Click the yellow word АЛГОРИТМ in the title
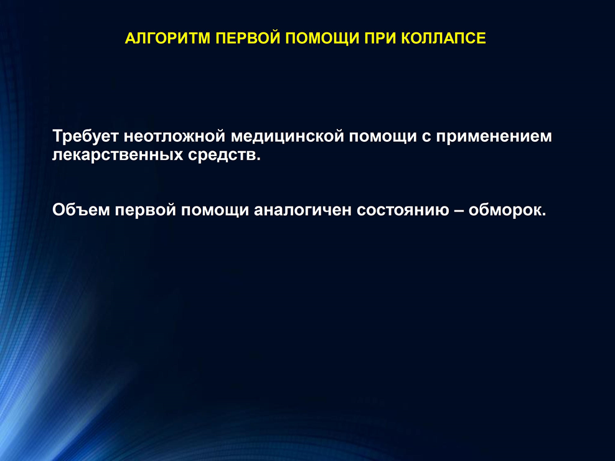(x=168, y=39)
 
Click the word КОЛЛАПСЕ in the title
(x=444, y=39)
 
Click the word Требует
(x=85, y=136)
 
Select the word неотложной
(x=174, y=136)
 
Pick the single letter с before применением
(x=426, y=137)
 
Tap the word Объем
(x=81, y=210)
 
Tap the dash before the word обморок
(x=459, y=212)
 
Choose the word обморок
(x=507, y=210)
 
